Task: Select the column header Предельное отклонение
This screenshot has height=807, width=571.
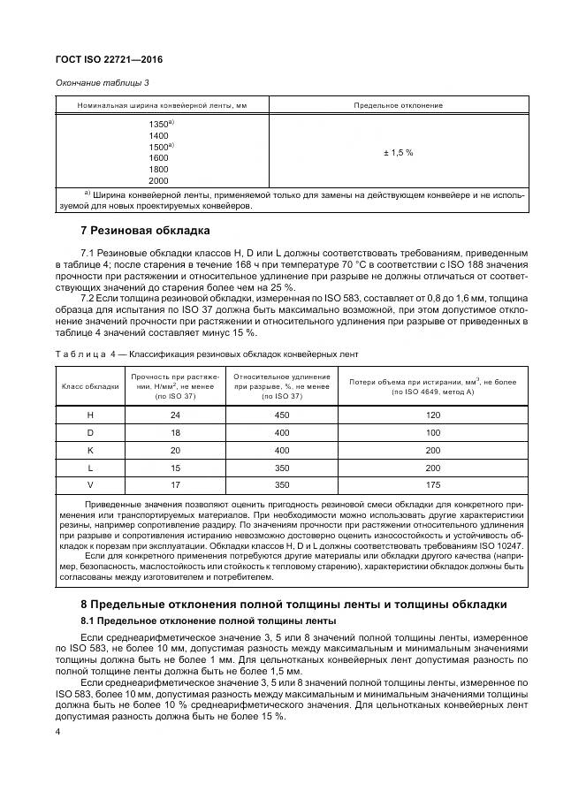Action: click(398, 106)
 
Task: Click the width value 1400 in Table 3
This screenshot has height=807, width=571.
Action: click(159, 136)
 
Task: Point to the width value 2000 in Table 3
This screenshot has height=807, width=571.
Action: click(159, 181)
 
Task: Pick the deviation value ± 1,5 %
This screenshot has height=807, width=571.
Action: click(398, 153)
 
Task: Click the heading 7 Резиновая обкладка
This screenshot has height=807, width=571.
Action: click(145, 232)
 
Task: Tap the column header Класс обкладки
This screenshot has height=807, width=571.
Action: click(89, 386)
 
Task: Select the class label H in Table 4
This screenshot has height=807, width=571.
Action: click(89, 415)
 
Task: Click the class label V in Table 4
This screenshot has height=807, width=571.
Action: click(89, 485)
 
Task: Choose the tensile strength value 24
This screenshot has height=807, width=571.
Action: click(174, 415)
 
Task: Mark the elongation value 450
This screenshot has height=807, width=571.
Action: click(282, 415)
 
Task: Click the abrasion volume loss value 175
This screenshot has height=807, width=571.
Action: click(433, 485)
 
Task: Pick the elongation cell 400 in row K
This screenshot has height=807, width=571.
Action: click(282, 450)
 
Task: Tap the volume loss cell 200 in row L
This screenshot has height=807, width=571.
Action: click(433, 468)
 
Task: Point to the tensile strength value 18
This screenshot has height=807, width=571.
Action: click(174, 432)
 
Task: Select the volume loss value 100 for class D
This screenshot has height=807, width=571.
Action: click(433, 432)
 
